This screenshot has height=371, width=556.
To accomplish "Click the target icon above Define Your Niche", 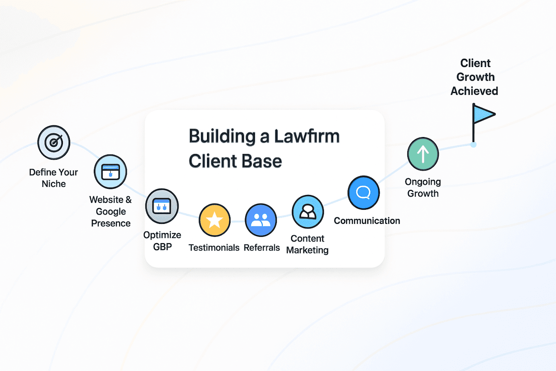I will [54, 142].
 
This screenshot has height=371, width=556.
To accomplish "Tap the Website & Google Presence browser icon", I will [110, 172].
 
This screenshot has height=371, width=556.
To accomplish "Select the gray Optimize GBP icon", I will [162, 206].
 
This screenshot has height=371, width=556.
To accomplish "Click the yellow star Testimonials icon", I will [215, 220].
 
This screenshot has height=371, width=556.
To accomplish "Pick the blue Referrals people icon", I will [261, 220].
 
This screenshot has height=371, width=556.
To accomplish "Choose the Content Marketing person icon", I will [308, 212].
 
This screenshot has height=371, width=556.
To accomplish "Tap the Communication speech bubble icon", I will [363, 193].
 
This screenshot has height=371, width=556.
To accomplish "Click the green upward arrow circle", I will [423, 154].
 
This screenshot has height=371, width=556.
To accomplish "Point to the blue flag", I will [483, 115].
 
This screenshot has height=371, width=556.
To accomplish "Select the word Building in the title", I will [222, 136].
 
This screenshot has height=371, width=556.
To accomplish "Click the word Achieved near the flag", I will [474, 91].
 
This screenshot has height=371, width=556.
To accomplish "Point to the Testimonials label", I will [214, 248].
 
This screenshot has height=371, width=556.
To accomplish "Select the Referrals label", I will [261, 248].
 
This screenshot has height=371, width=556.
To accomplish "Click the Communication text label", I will [367, 221].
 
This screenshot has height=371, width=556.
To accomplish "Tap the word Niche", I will [54, 184].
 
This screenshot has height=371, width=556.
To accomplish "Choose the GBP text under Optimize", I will [162, 247].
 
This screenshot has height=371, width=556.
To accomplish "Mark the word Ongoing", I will [423, 182].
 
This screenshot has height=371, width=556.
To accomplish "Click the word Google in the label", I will [111, 212].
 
